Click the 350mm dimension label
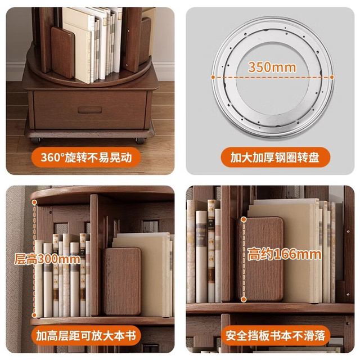[272, 67]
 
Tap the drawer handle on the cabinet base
[90, 110]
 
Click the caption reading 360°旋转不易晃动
[86, 157]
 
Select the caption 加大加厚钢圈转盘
[275, 157]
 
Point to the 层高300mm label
[47, 259]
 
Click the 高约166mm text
[284, 254]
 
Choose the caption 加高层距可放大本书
[86, 336]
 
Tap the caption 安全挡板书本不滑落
[275, 336]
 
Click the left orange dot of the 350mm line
[213, 77]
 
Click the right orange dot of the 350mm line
[332, 77]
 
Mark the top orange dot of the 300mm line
[34, 202]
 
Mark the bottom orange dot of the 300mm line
[34, 315]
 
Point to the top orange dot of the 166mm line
[244, 220]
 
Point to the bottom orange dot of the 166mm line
[244, 299]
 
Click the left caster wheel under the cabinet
[36, 140]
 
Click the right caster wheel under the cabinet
[140, 140]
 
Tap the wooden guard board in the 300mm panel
[122, 281]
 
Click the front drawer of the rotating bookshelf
[90, 110]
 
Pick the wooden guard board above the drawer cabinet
[62, 52]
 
